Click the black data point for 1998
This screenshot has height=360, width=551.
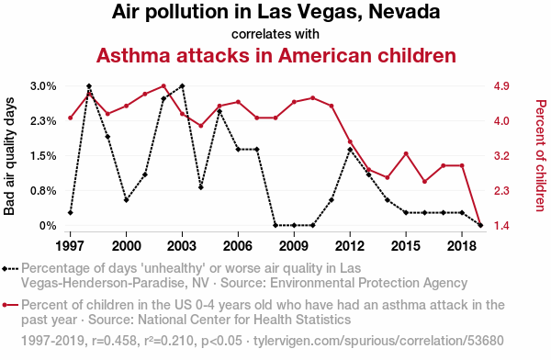click(x=89, y=86)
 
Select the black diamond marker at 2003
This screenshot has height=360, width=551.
click(x=182, y=86)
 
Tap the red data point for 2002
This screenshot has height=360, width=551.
click(x=163, y=86)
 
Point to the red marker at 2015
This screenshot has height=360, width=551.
click(x=406, y=153)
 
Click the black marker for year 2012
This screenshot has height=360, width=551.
click(x=350, y=150)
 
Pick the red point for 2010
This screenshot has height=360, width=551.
click(x=313, y=98)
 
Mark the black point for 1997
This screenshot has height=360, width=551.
click(x=71, y=213)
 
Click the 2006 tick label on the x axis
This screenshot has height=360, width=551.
click(x=238, y=246)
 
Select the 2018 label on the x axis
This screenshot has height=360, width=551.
click(x=462, y=246)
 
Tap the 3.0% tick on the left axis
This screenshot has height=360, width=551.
click(x=43, y=86)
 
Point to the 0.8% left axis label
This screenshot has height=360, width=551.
click(x=43, y=191)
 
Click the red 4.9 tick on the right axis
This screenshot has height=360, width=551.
click(x=501, y=86)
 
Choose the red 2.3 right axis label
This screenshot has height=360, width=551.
click(x=501, y=191)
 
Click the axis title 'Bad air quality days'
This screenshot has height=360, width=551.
click(x=9, y=156)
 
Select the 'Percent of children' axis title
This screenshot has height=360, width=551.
click(x=541, y=156)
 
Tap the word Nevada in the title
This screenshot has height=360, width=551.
click(x=404, y=12)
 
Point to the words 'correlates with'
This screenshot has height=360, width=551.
click(x=275, y=34)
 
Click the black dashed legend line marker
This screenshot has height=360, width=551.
click(x=10, y=269)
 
